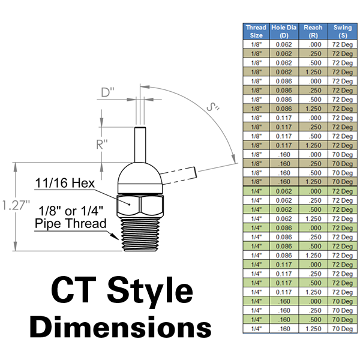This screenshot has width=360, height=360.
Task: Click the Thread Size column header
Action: (x=256, y=31)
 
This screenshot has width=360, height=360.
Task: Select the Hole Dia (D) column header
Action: (x=284, y=31)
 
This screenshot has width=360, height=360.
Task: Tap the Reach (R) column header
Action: (x=313, y=31)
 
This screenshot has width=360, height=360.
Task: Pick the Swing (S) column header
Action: (x=343, y=31)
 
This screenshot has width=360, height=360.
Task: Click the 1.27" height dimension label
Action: (x=16, y=205)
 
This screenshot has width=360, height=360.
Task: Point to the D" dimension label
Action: (x=107, y=92)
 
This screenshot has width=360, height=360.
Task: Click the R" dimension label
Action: (x=102, y=145)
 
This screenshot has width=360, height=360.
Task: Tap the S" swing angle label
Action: (x=213, y=107)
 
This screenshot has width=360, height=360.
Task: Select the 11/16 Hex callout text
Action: (x=65, y=183)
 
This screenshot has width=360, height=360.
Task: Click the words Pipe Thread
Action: (x=71, y=223)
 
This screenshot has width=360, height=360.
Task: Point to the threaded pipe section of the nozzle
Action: (x=140, y=234)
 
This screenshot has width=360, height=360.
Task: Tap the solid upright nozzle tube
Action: (x=140, y=145)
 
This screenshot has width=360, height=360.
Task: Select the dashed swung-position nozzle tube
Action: (x=179, y=176)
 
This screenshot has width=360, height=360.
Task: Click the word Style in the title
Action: (x=149, y=290)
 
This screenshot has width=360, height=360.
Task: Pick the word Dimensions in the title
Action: (x=121, y=326)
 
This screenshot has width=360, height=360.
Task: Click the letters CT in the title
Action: (x=73, y=290)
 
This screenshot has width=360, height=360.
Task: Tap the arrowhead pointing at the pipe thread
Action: (x=114, y=236)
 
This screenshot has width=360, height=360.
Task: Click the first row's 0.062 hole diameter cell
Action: (x=284, y=44)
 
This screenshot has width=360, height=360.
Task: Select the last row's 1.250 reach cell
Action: (x=313, y=329)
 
